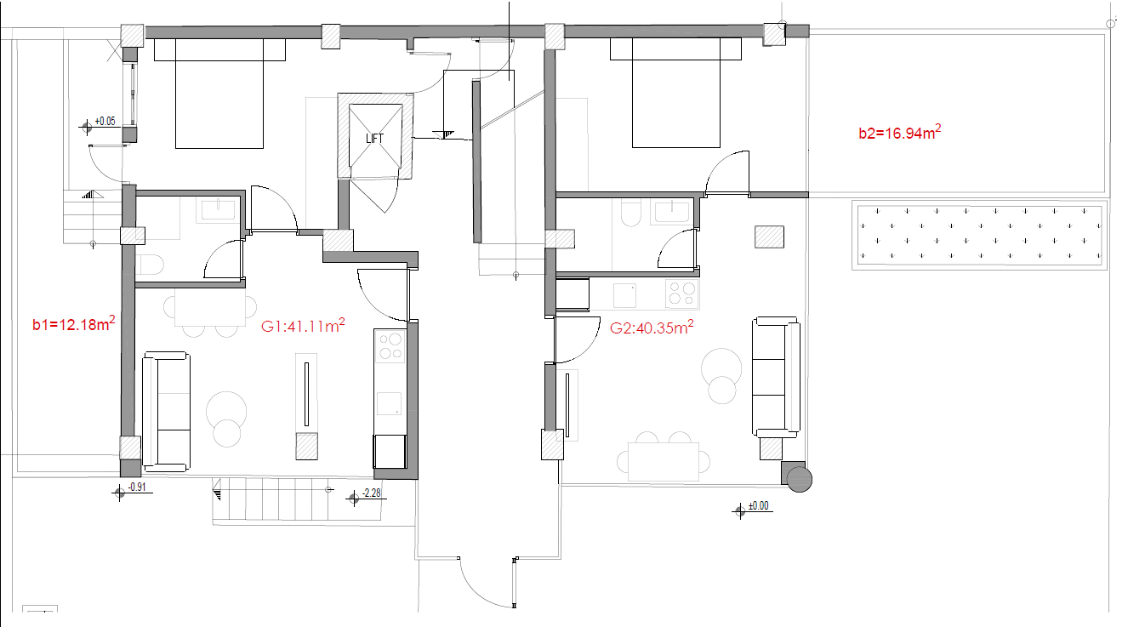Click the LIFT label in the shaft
[374, 139]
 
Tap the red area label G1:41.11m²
[303, 325]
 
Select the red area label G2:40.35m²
[651, 327]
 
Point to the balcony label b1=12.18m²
[73, 323]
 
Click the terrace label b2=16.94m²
[899, 132]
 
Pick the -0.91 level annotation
[132, 489]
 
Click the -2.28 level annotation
[367, 495]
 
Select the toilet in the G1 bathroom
[150, 265]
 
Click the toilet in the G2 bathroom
[630, 213]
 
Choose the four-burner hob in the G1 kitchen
[390, 346]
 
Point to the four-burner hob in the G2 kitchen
[682, 294]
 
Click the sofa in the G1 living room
[166, 412]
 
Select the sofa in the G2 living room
[776, 377]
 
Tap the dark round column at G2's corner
[799, 479]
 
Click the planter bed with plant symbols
[979, 235]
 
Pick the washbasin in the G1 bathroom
[218, 210]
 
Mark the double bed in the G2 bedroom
[675, 93]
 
